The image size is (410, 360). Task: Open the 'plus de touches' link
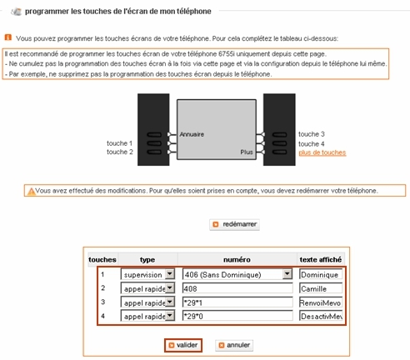(x=322, y=153)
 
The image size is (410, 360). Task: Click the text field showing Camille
(x=321, y=287)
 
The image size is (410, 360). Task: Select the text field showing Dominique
(x=321, y=273)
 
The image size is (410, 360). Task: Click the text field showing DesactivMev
(x=321, y=317)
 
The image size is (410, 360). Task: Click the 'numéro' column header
(x=237, y=259)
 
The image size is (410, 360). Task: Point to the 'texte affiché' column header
(x=321, y=259)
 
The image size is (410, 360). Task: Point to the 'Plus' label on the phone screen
(x=247, y=153)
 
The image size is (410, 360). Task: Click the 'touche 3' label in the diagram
(x=311, y=133)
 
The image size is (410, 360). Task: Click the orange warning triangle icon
(x=31, y=191)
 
